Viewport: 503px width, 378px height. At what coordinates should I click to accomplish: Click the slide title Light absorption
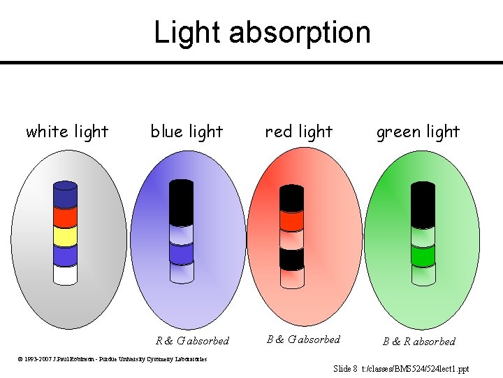pos(262,33)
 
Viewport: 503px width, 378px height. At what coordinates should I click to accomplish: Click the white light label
pos(67,132)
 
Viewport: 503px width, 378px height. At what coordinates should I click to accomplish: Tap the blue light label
pos(187,132)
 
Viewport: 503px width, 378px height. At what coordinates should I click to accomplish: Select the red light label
pos(299,132)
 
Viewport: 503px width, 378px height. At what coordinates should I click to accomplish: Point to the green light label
pos(418,132)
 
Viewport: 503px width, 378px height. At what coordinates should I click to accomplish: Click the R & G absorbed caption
pos(192,341)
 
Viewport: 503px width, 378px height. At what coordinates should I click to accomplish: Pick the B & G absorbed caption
pos(303,339)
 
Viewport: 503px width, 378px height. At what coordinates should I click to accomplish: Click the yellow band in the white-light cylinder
pos(65,237)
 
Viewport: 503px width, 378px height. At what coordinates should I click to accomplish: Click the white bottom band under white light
pos(65,274)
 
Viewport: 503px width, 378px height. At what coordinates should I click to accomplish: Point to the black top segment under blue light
pos(182,202)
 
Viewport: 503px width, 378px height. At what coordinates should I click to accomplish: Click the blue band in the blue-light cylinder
pos(182,254)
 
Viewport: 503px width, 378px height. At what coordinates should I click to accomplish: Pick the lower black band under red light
pos(291,259)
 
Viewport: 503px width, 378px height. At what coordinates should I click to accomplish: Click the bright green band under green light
pos(423,257)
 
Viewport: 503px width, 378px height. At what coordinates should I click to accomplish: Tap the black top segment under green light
pos(423,203)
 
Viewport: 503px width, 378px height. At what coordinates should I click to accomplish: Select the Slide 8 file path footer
pos(401,368)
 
